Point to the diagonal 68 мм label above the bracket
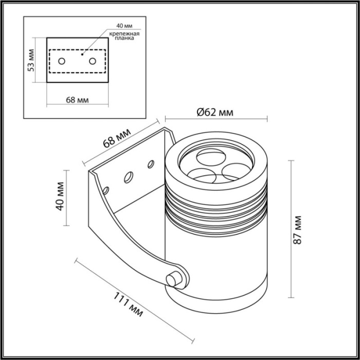click(x=117, y=138)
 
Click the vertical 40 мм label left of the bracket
click(x=60, y=196)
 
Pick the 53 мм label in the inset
click(x=31, y=60)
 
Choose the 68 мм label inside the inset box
click(x=77, y=100)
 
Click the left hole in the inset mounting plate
click(x=62, y=61)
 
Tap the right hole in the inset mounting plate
click(x=93, y=61)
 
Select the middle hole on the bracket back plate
click(x=127, y=177)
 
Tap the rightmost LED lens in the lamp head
click(x=231, y=171)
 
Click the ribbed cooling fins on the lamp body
click(x=216, y=208)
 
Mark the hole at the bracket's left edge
click(x=106, y=190)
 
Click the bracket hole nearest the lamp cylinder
click(x=151, y=165)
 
